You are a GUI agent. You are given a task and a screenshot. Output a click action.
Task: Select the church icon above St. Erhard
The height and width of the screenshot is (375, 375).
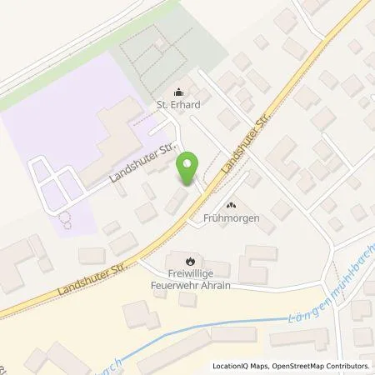point(176,92)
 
